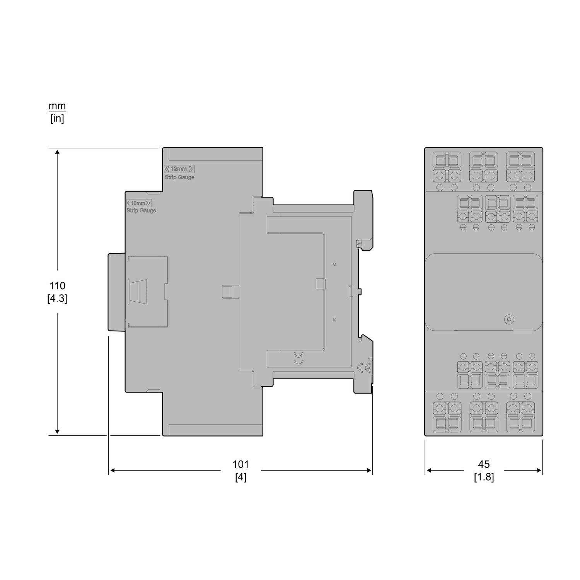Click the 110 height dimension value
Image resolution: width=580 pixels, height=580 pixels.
(57, 286)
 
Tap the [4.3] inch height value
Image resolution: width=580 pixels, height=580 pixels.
(57, 299)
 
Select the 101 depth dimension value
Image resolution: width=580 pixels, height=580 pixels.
(241, 464)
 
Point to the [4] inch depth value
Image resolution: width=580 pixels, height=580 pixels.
(241, 477)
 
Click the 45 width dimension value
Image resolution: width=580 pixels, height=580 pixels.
(484, 464)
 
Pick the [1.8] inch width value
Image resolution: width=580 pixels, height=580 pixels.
(484, 477)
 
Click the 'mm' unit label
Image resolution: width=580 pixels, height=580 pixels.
(57, 106)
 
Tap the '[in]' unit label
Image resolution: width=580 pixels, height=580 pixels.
(57, 118)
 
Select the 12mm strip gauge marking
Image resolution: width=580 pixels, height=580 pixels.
(179, 169)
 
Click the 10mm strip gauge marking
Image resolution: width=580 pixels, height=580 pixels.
(139, 203)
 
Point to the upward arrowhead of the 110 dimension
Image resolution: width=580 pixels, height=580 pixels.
(57, 152)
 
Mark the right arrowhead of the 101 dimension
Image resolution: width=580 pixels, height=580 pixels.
(369, 470)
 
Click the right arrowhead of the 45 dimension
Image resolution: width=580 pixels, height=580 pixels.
(539, 470)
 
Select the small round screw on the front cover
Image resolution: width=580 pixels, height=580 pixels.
(509, 319)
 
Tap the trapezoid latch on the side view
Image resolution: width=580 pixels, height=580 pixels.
(136, 292)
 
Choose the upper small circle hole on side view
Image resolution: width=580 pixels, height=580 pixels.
(334, 264)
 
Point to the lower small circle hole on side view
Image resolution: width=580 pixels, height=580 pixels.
(334, 319)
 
